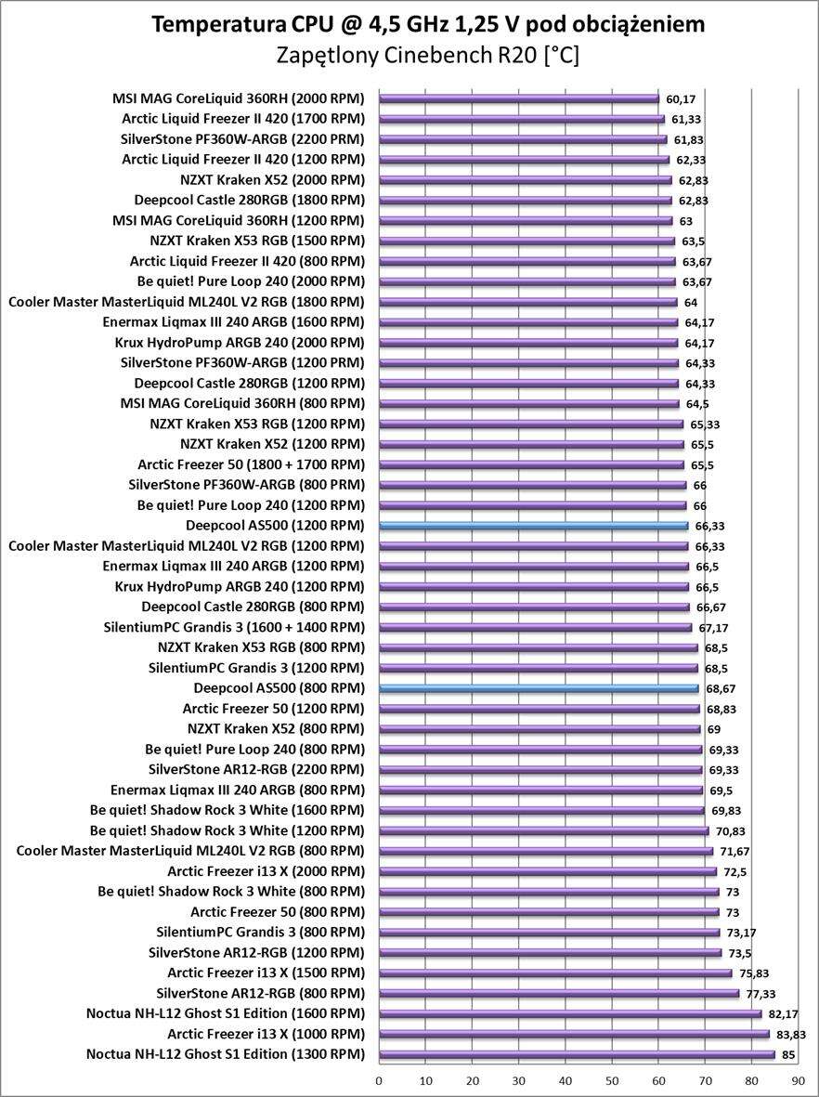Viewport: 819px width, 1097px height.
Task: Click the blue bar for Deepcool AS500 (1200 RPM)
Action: pyautogui.click(x=534, y=526)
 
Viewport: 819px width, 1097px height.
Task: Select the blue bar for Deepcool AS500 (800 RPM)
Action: pyautogui.click(x=539, y=688)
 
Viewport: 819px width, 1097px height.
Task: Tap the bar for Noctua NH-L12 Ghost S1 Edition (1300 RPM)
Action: pyautogui.click(x=577, y=1054)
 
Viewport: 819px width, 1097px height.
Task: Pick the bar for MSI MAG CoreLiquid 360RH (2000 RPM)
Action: pyautogui.click(x=519, y=98)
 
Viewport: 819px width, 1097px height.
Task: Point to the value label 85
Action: pyautogui.click(x=787, y=1054)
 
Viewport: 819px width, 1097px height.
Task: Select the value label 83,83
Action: pyautogui.click(x=787, y=1034)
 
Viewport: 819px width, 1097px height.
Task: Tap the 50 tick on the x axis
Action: pyautogui.click(x=612, y=1081)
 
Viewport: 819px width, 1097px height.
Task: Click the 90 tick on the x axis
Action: pyautogui.click(x=799, y=1081)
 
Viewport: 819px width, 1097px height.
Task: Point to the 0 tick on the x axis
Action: pyautogui.click(x=379, y=1081)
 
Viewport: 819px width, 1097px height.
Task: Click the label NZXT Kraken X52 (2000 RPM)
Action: pyautogui.click(x=272, y=179)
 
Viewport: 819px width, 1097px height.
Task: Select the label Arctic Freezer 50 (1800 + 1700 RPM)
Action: pyautogui.click(x=251, y=464)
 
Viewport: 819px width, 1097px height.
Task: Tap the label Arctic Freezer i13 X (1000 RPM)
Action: pyautogui.click(x=266, y=1034)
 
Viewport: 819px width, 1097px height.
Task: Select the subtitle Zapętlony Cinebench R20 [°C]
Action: pyautogui.click(x=428, y=56)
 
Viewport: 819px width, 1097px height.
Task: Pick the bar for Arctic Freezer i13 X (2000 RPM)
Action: pyautogui.click(x=548, y=871)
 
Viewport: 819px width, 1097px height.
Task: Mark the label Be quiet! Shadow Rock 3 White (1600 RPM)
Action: pyautogui.click(x=227, y=810)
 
